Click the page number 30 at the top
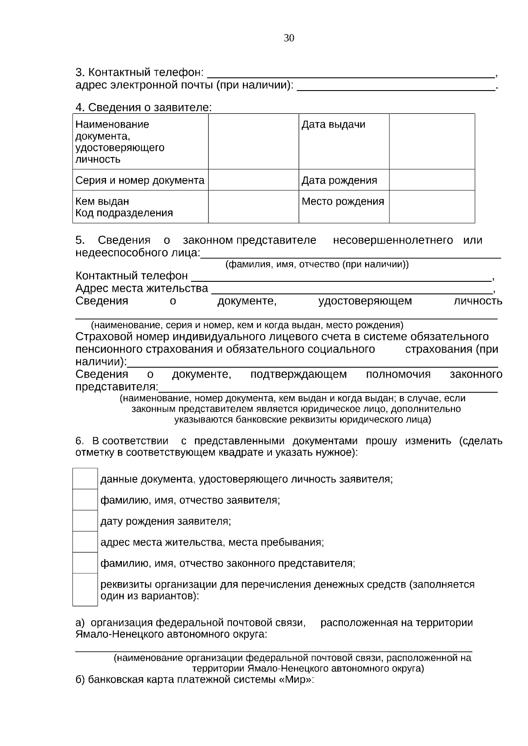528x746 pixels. click(x=289, y=38)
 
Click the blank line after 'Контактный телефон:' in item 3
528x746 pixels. click(x=350, y=73)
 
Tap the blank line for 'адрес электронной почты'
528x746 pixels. click(x=396, y=86)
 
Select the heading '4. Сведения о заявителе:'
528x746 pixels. click(x=143, y=107)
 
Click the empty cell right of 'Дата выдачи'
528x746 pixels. click(x=432, y=141)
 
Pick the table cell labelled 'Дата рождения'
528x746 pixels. click(x=339, y=180)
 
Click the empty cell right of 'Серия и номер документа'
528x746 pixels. click(x=253, y=180)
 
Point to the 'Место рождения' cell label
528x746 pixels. click(x=343, y=202)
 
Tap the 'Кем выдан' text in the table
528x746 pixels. click(x=103, y=202)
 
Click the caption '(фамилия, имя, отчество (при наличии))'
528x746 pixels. click(x=317, y=265)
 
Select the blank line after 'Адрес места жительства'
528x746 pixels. click(x=352, y=289)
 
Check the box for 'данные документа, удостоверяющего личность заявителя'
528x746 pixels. click(x=85, y=479)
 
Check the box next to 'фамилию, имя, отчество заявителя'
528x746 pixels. click(x=85, y=500)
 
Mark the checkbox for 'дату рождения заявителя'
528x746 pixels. click(x=85, y=521)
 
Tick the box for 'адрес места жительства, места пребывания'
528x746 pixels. click(x=85, y=542)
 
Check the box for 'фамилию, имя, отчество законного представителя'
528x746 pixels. click(x=85, y=563)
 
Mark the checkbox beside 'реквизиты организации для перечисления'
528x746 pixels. click(x=85, y=590)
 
